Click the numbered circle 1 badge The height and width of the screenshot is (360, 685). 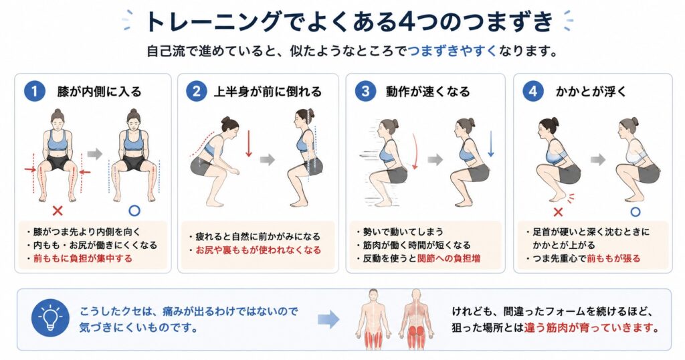pos(35,91)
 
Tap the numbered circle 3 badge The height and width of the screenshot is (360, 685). pos(365,91)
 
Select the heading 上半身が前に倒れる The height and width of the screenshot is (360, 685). pos(268,92)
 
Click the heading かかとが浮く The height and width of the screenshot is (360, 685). pos(591,91)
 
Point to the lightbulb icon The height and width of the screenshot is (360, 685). pos(50,318)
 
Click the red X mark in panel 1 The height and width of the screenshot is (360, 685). pos(58,211)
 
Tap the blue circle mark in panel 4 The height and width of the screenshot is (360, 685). pos(635,212)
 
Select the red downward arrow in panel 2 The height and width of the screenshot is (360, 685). pos(249,143)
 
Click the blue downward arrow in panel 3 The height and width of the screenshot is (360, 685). pos(490,144)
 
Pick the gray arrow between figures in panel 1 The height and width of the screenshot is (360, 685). pos(95,154)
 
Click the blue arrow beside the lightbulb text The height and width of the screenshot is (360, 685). pos(328,319)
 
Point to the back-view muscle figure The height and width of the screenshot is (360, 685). pos(416,319)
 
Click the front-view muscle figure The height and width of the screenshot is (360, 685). pos(373,319)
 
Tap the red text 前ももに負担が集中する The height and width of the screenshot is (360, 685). pos(82,258)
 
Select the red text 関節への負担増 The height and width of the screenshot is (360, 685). pos(449,258)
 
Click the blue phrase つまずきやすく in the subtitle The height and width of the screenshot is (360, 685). pos(453,51)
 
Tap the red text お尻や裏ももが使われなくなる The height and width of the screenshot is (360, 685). pos(258,250)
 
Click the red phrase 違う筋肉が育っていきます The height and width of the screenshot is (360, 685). pos(591,327)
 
